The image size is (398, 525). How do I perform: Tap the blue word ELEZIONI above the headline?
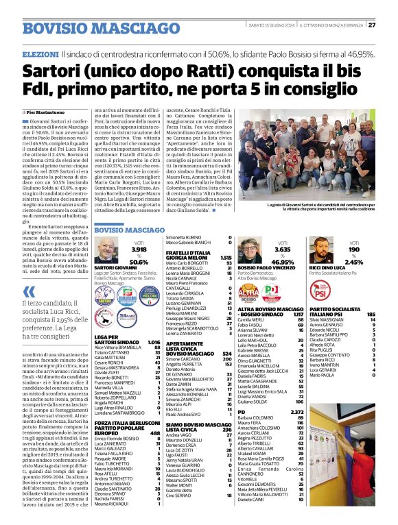tap(40, 53)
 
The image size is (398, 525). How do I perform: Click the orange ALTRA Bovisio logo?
tap(248, 293)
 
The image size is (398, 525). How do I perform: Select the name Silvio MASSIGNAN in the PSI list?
tap(328, 319)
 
